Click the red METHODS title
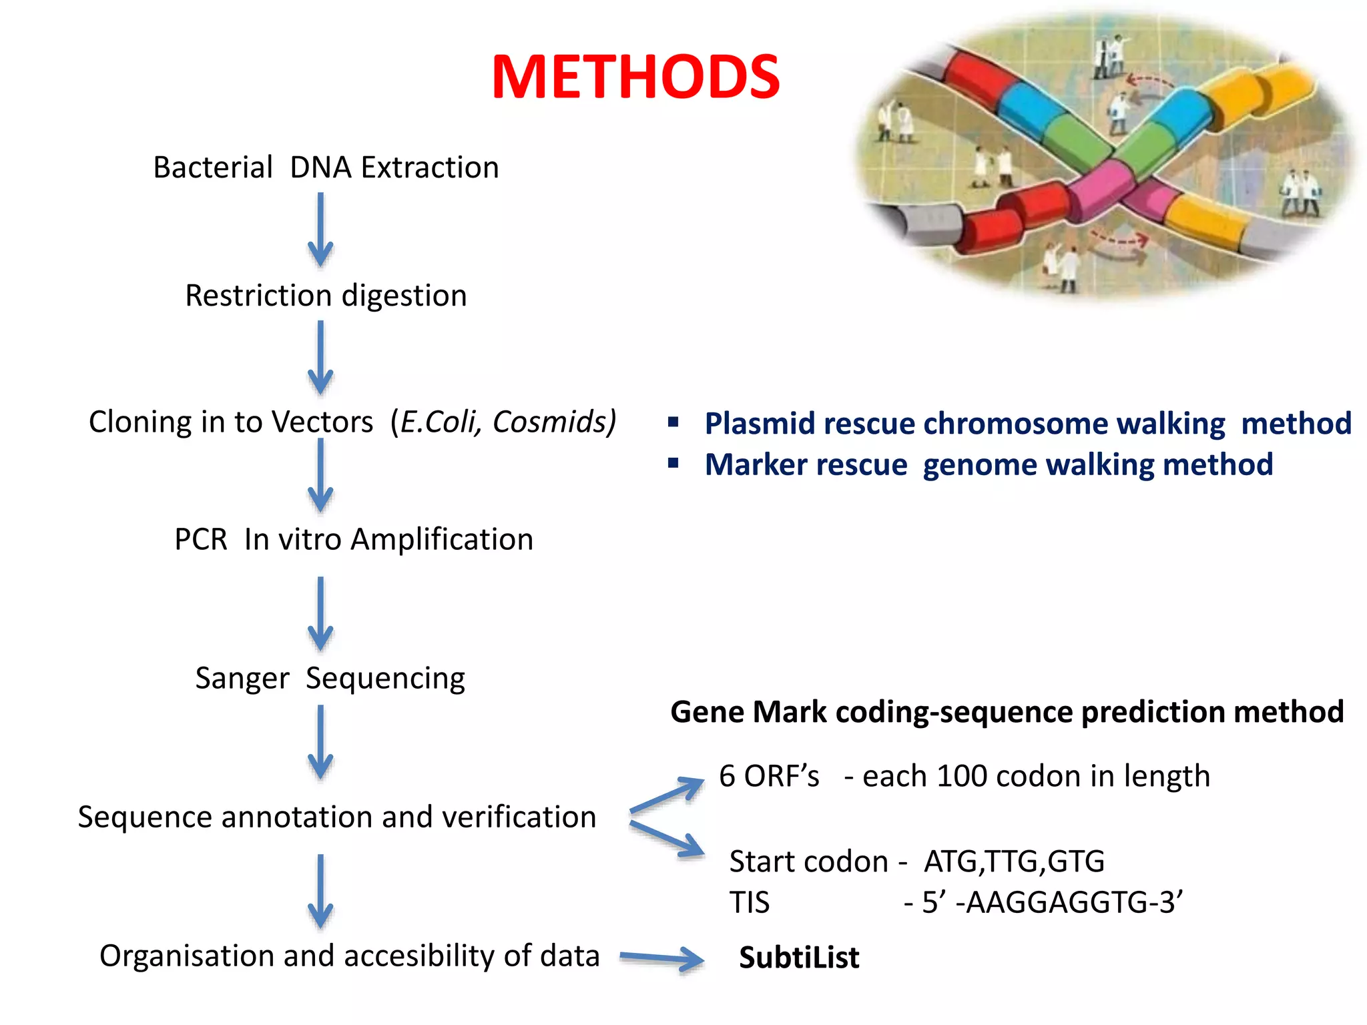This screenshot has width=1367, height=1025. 635,77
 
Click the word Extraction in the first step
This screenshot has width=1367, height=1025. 430,167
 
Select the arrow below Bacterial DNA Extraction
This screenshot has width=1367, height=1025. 320,230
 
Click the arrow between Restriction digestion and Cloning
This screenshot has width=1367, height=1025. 320,358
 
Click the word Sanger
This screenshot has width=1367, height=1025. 242,679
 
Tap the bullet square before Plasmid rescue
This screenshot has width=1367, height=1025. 673,422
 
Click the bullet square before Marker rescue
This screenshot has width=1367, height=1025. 673,463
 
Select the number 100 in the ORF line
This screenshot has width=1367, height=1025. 962,776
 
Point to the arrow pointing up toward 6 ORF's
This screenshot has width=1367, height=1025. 667,794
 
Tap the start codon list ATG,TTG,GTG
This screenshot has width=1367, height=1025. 1014,862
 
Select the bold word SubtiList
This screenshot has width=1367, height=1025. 799,958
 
